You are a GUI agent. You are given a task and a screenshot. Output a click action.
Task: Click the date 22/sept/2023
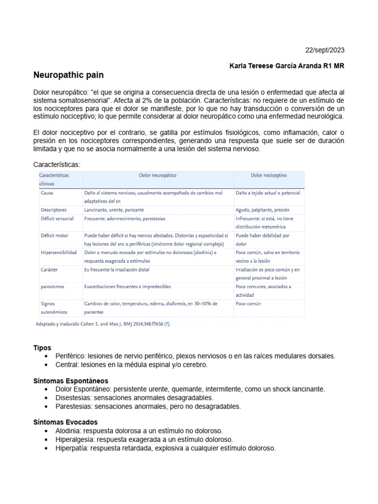325,50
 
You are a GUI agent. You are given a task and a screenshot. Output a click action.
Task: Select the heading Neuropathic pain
68,75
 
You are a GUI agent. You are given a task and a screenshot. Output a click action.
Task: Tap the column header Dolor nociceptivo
269,175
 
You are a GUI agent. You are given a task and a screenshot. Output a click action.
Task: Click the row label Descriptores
54,209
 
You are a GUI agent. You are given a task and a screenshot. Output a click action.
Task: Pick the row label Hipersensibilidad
59,252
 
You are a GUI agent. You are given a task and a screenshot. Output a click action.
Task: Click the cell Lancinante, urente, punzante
114,209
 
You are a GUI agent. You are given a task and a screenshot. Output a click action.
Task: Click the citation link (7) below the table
167,325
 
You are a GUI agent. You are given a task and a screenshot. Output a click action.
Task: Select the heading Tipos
42,347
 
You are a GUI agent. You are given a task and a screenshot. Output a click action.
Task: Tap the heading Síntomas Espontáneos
70,381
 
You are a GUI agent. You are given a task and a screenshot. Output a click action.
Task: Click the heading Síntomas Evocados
65,422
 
